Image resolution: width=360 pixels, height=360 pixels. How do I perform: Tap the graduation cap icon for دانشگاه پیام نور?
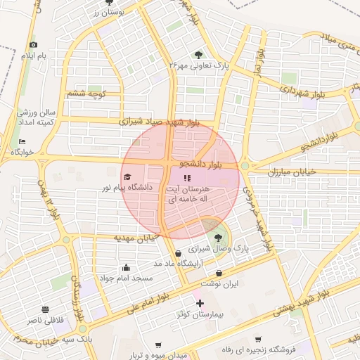(x=127, y=176)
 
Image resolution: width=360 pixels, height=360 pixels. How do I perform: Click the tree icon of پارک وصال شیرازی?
(x=218, y=237)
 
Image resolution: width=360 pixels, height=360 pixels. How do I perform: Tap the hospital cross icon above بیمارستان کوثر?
(x=200, y=304)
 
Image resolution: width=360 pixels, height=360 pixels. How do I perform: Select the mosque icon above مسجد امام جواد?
(x=126, y=267)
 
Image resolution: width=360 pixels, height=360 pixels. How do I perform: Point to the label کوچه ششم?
(x=86, y=94)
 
